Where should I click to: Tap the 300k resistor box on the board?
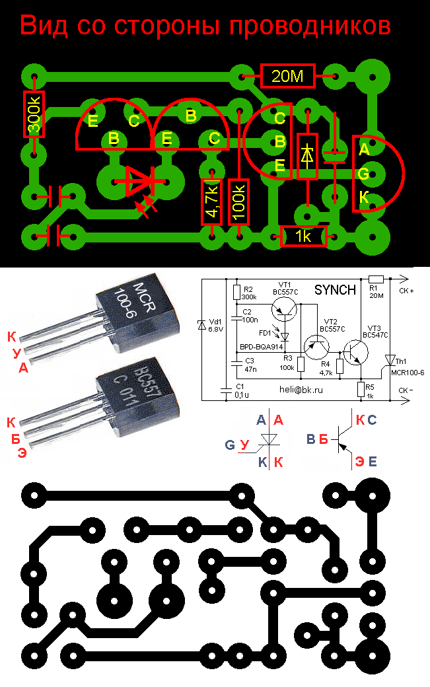tap(34, 114)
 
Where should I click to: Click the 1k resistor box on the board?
tap(303, 236)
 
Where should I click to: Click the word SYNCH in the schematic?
tap(334, 290)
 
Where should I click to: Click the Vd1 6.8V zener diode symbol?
tap(202, 324)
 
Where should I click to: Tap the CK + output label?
tap(407, 290)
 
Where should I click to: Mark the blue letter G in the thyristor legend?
tap(230, 445)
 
